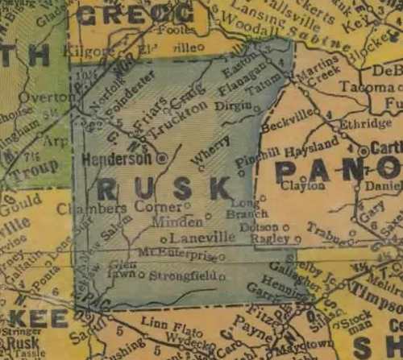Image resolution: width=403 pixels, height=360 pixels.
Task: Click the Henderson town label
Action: pos(116,159)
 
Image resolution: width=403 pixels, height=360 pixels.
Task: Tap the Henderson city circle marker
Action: pos(162,159)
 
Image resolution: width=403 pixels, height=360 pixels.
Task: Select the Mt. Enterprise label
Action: pos(176,254)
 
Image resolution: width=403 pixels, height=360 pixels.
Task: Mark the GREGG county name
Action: pos(135,14)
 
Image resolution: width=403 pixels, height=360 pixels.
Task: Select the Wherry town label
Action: pos(211,150)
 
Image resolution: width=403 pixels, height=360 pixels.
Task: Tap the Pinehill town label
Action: pos(260,154)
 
